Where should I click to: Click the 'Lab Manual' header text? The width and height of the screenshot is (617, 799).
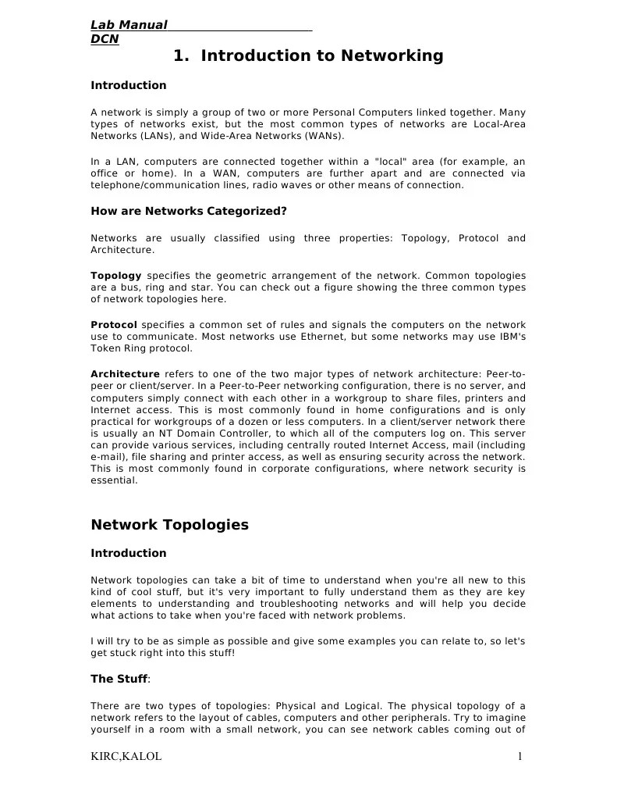tap(129, 25)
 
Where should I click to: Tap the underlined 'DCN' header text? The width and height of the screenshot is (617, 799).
tap(105, 38)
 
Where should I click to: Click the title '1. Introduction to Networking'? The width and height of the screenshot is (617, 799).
tap(308, 56)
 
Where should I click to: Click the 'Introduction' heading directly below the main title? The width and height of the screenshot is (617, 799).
tap(129, 85)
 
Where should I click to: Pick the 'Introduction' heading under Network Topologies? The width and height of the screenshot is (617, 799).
tap(129, 553)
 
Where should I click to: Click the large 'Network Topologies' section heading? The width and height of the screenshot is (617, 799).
tap(169, 525)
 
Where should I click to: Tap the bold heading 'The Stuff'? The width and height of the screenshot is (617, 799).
tap(119, 679)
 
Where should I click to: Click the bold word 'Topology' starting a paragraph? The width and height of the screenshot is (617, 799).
tap(116, 276)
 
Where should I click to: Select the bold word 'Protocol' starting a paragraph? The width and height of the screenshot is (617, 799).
tap(114, 324)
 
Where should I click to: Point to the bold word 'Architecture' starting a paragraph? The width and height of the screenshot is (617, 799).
tap(125, 373)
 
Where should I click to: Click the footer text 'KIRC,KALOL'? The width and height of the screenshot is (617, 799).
tap(126, 756)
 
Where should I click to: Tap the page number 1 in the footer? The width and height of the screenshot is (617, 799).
tap(519, 756)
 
